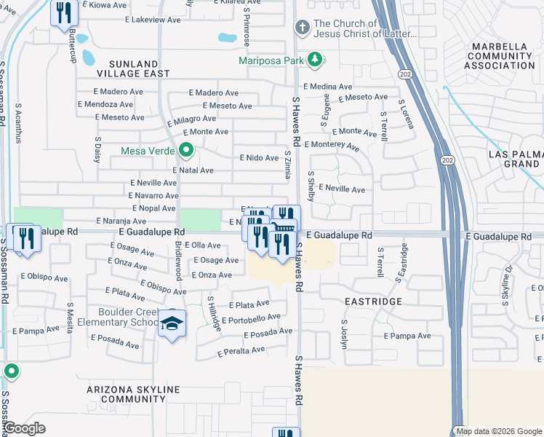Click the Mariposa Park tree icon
click(x=315, y=60)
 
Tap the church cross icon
click(x=302, y=28)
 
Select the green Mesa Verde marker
click(x=186, y=151)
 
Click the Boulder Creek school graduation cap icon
click(x=173, y=323)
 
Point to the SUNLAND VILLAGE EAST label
click(x=129, y=68)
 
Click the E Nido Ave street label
click(x=259, y=158)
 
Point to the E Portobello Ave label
click(x=251, y=319)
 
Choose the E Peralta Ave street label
click(x=241, y=351)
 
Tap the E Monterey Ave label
click(x=332, y=146)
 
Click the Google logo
click(x=24, y=428)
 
